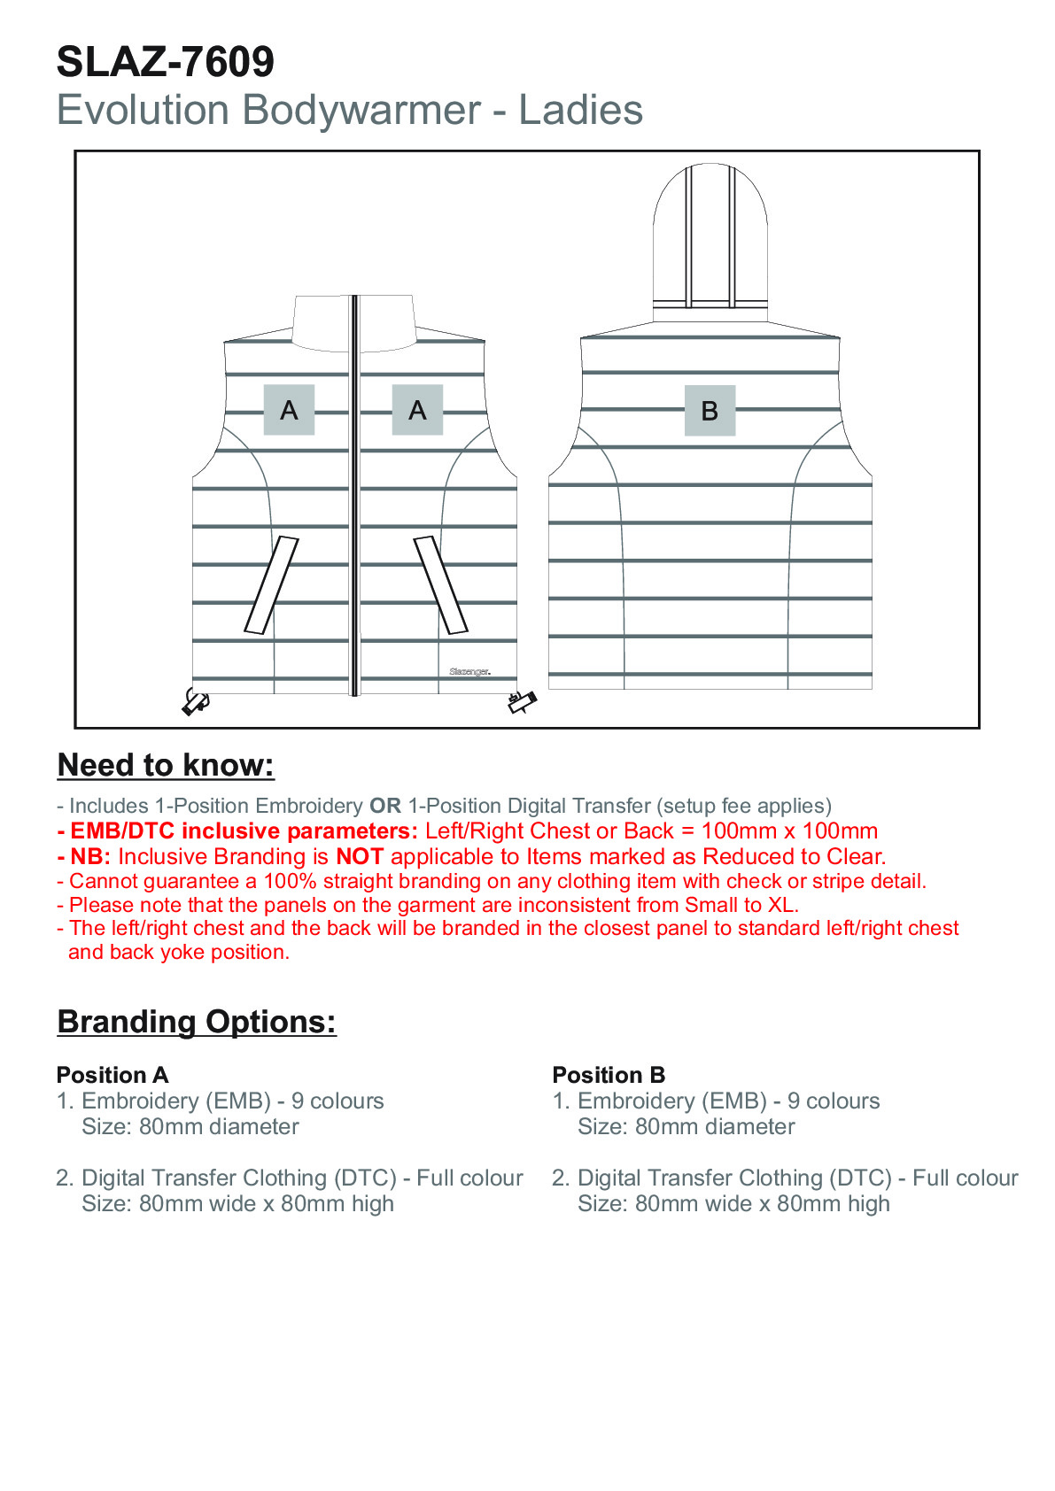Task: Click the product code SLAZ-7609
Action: point(166,62)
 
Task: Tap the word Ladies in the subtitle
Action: point(580,111)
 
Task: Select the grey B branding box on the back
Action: point(710,411)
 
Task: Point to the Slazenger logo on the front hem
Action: point(469,672)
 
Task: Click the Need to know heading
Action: point(166,765)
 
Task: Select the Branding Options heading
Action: point(197,1022)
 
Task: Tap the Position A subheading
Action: point(112,1075)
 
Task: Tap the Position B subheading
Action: point(609,1075)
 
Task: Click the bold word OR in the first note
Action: point(385,806)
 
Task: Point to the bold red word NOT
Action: point(360,856)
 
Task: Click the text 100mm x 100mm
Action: point(789,831)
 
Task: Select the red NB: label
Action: point(90,856)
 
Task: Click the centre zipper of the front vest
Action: point(355,496)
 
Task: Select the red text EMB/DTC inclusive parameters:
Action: point(244,831)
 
